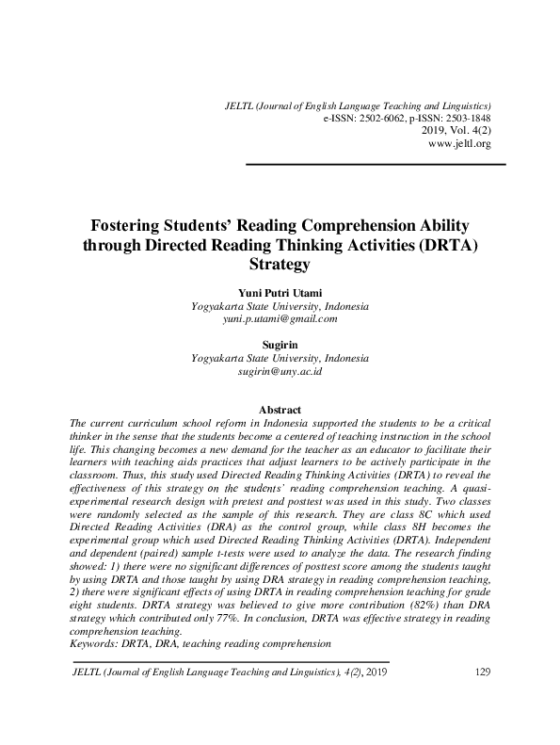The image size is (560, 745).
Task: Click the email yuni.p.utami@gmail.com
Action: point(280,319)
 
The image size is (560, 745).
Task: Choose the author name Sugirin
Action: point(280,346)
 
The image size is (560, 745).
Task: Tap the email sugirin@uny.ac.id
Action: point(280,372)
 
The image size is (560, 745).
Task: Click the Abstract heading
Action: point(280,410)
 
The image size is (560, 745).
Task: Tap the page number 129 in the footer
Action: point(481,673)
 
